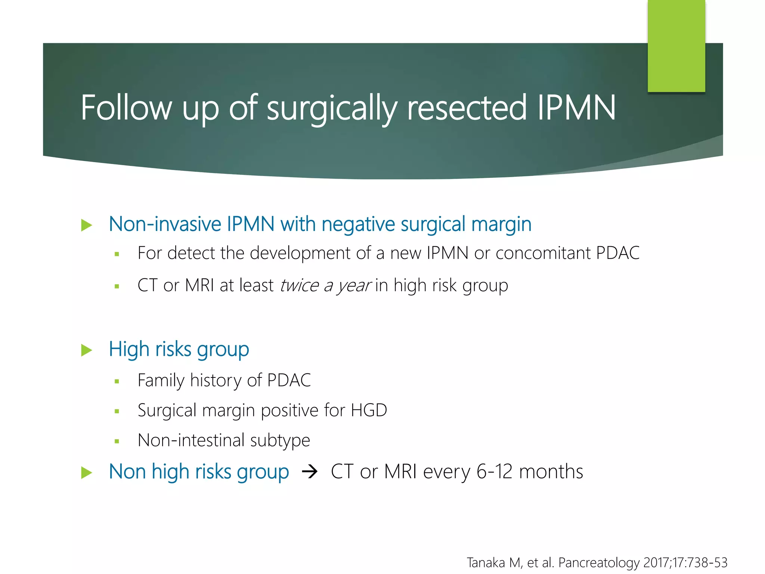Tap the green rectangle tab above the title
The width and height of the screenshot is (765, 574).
coord(676,45)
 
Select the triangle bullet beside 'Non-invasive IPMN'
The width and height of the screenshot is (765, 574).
coord(86,225)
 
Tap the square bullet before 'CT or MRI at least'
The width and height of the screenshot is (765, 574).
coord(117,287)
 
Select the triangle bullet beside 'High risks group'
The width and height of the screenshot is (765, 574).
coord(86,350)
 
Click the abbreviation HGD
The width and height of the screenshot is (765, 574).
coord(369,410)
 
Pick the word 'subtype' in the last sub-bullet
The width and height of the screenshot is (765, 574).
coord(280,440)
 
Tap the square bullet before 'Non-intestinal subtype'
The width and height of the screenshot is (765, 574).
coord(117,441)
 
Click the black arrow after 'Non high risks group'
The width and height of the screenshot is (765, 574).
coord(310,472)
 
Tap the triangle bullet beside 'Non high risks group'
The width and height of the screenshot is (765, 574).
coord(86,473)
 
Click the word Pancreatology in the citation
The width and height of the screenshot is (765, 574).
coord(599,562)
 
